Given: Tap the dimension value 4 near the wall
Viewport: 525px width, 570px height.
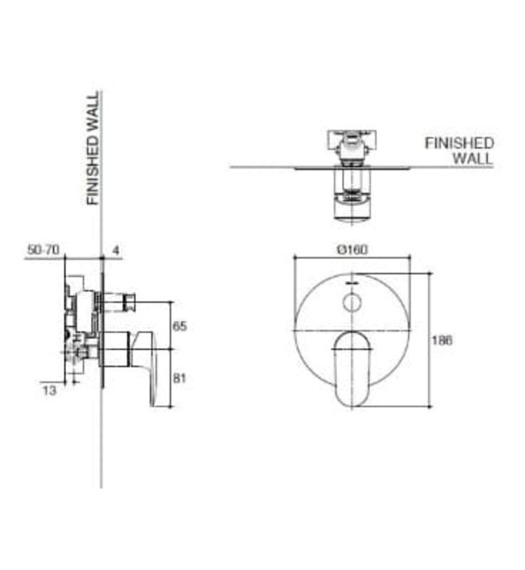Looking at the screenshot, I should click(116, 251).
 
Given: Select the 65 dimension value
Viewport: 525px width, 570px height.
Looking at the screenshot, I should click(180, 326).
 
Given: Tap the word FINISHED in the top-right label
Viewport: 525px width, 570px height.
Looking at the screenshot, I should click(459, 143).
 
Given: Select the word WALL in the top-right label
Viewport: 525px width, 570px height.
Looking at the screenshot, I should click(473, 158).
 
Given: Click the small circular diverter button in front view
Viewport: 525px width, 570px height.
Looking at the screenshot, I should click(352, 305).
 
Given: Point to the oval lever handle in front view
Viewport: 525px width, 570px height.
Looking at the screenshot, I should click(352, 366).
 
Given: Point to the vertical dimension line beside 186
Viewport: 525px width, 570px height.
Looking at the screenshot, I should click(430, 342).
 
